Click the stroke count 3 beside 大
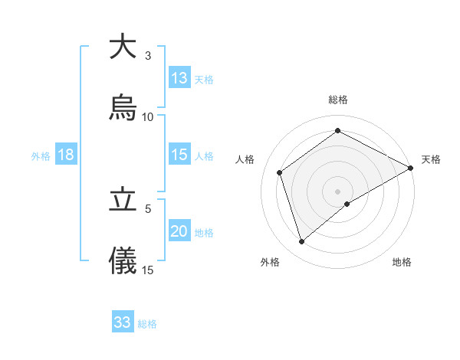click(x=148, y=56)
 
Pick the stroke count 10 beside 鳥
click(x=148, y=117)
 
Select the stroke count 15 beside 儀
click(x=148, y=270)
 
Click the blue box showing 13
click(x=179, y=78)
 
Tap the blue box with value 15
click(x=179, y=155)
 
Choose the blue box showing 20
click(x=179, y=231)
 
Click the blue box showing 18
click(x=66, y=155)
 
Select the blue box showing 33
click(x=123, y=322)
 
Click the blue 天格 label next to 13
click(x=204, y=79)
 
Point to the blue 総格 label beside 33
click(x=147, y=323)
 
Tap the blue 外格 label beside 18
click(x=41, y=155)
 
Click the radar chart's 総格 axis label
click(x=338, y=100)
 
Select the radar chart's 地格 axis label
click(x=402, y=262)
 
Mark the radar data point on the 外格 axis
click(x=302, y=242)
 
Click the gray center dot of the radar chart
click(x=338, y=191)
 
